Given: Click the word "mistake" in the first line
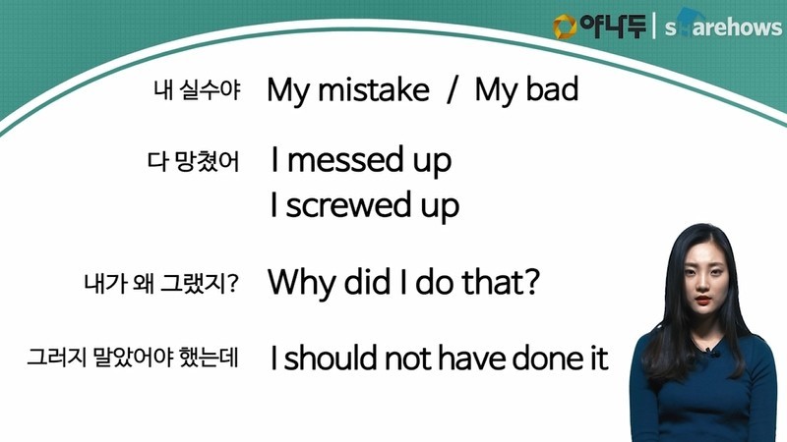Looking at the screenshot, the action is [374, 90].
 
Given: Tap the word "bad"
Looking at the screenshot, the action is [552, 89].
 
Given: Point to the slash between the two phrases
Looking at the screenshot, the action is [453, 90].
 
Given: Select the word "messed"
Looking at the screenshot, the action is [345, 160].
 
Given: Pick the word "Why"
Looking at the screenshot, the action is [301, 282].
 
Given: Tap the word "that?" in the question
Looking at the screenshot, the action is [501, 281].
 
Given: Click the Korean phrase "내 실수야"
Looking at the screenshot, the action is [198, 90].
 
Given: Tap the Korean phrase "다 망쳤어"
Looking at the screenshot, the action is [193, 161].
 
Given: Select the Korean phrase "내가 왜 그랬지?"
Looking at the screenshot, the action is [161, 284].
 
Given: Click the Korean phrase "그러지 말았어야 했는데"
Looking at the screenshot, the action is [133, 358].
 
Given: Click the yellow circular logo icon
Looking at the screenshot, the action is [565, 27].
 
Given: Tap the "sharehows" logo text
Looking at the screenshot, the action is [723, 26].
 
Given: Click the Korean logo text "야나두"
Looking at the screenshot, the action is [613, 26].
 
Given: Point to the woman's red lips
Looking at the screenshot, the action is [702, 300].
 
